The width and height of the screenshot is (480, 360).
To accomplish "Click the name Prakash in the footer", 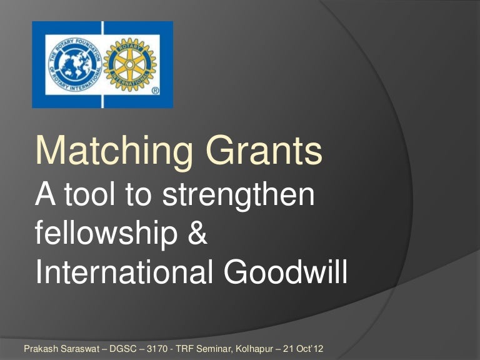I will [39, 346].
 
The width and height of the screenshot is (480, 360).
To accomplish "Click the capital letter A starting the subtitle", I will [45, 198].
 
